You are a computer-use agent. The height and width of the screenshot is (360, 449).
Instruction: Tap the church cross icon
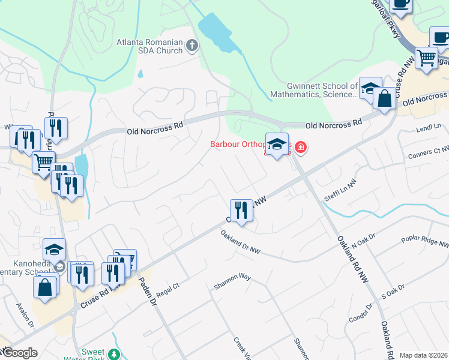point(192,44)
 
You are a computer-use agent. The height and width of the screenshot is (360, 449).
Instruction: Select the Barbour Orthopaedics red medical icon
point(300,147)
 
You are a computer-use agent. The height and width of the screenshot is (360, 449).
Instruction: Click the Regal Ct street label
point(168,293)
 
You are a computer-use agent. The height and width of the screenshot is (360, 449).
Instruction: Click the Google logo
point(19,353)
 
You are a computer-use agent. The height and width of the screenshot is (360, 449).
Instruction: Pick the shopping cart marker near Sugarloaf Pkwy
point(426,58)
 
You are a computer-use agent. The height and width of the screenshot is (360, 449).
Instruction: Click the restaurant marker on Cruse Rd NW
point(241,210)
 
